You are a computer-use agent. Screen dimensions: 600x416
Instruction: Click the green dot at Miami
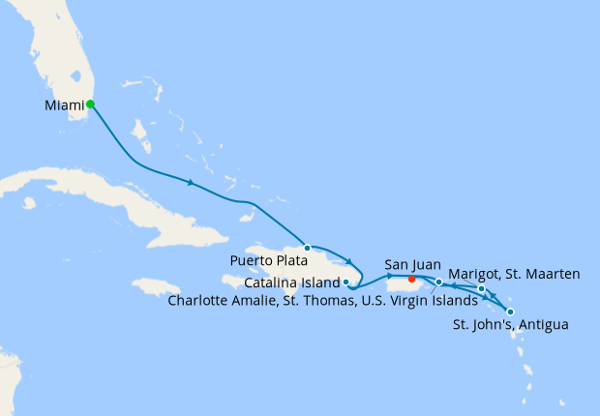pos(90,104)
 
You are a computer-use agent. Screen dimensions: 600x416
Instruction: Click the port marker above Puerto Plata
pos(308,248)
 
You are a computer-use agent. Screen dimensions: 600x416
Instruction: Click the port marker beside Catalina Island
pos(346,282)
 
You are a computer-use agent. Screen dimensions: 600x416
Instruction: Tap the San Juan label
pos(412,263)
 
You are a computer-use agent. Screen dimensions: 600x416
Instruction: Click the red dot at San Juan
pos(412,282)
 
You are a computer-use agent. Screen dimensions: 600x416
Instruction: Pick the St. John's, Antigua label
pos(511,324)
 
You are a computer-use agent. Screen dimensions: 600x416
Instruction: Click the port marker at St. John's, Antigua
pos(510,312)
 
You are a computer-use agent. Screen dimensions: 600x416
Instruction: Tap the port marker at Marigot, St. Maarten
pos(481,289)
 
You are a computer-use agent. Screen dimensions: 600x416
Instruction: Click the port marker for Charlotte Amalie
pos(439,282)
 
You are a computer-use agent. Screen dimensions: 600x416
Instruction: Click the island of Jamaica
pos(155,286)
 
